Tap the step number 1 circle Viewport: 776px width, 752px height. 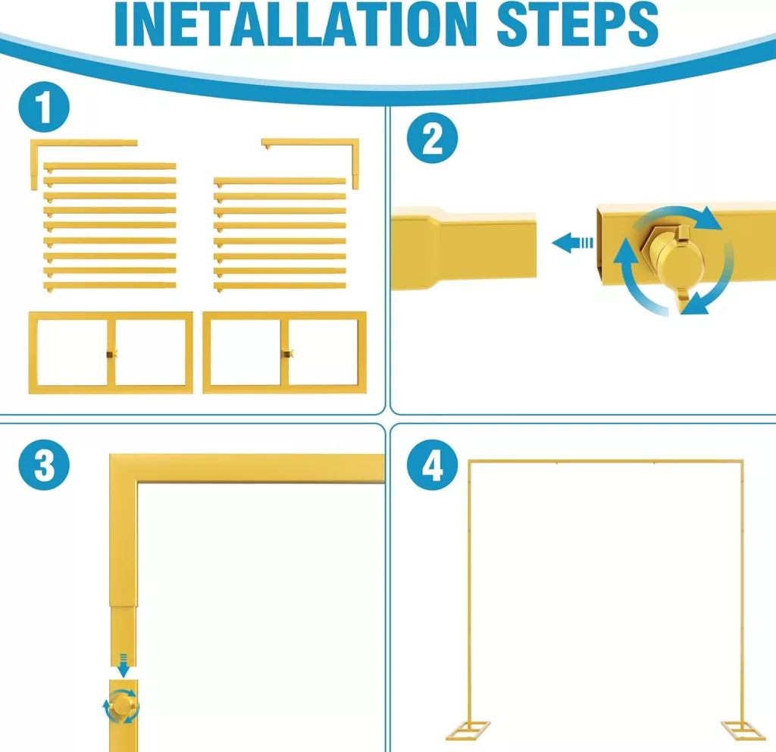(44, 107)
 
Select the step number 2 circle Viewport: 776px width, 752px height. (432, 138)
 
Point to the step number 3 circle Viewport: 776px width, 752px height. (44, 465)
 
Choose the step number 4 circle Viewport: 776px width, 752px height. (432, 465)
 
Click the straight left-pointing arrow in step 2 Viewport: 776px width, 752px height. (572, 243)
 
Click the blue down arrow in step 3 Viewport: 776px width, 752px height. (124, 666)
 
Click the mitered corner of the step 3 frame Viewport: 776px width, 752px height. (124, 468)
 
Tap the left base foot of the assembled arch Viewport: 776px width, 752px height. (468, 731)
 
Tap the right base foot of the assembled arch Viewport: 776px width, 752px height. (743, 731)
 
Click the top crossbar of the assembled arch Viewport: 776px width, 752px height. (605, 462)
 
